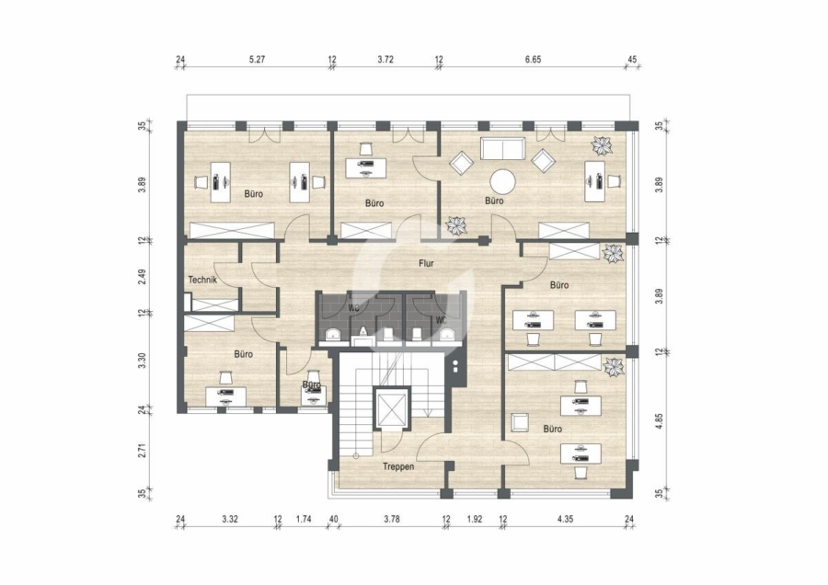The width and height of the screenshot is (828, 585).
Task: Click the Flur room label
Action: tap(426, 263)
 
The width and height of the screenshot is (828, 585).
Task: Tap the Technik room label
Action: tap(202, 280)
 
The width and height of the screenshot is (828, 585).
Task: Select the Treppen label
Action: tap(398, 466)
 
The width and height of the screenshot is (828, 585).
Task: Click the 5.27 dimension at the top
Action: tap(257, 60)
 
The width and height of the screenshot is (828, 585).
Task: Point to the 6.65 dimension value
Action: tap(533, 60)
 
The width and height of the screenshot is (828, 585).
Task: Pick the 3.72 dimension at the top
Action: tap(385, 60)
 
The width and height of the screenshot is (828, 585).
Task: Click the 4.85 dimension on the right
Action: tap(659, 420)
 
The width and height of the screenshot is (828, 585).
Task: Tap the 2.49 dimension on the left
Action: tap(142, 277)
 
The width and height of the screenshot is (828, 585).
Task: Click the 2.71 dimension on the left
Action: tap(142, 449)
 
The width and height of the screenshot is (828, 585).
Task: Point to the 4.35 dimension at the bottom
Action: tap(565, 519)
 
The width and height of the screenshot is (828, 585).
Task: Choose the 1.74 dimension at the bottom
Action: tap(303, 519)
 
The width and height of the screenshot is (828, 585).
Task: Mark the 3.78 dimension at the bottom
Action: tap(392, 519)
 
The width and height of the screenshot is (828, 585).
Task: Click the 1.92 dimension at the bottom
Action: tap(475, 519)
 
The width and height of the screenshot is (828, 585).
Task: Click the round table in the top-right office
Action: tap(502, 182)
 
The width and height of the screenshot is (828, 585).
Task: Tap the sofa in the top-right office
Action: tap(502, 148)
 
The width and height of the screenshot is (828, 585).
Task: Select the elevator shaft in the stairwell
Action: tap(391, 407)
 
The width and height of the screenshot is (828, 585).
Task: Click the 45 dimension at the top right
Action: tap(632, 60)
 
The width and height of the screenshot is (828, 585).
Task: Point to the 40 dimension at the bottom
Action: tap(333, 519)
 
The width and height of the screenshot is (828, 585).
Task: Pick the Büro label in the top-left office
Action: tap(254, 194)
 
